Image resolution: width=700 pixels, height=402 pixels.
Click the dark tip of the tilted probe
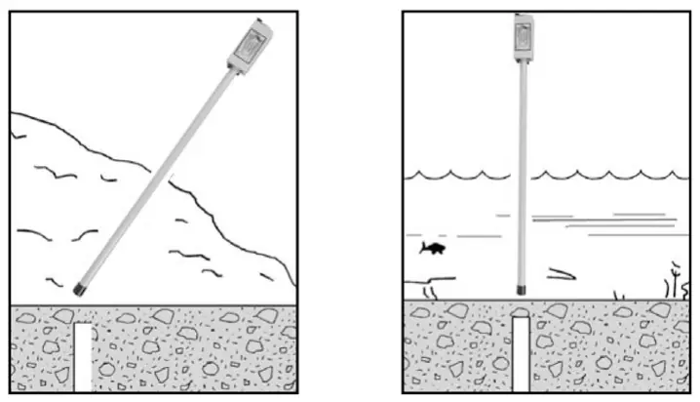[79, 288]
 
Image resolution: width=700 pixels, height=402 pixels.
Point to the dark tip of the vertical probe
[522, 290]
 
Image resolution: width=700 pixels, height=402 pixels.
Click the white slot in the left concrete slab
[83, 357]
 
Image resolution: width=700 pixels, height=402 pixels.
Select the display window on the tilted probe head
[252, 42]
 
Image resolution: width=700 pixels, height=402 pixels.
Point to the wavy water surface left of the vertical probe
[458, 176]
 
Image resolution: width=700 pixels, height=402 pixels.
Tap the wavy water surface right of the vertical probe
[604, 176]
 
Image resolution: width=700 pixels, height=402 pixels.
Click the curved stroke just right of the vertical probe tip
[560, 275]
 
